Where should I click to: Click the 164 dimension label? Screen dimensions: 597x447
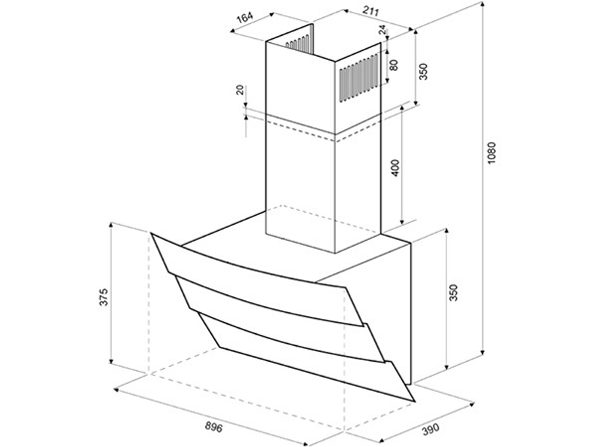[245, 18]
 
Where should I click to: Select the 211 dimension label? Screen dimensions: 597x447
[371, 11]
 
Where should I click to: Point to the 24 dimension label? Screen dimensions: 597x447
[382, 30]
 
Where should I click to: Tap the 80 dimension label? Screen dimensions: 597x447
[394, 65]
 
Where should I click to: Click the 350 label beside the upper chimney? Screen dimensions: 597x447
[423, 71]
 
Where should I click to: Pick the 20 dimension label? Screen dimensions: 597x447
[239, 90]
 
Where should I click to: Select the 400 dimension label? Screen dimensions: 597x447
[396, 167]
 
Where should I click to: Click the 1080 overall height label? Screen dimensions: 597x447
[493, 153]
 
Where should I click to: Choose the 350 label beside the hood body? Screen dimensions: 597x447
[453, 292]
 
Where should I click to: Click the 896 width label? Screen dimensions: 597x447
[214, 427]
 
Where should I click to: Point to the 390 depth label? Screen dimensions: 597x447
[430, 429]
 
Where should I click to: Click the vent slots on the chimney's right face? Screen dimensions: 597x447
[359, 79]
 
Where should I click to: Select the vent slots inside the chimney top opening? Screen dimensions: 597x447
[298, 44]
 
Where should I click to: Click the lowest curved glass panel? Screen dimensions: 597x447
[304, 355]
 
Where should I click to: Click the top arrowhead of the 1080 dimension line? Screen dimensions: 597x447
[482, 5]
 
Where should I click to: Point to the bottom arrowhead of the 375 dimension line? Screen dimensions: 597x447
[111, 360]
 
